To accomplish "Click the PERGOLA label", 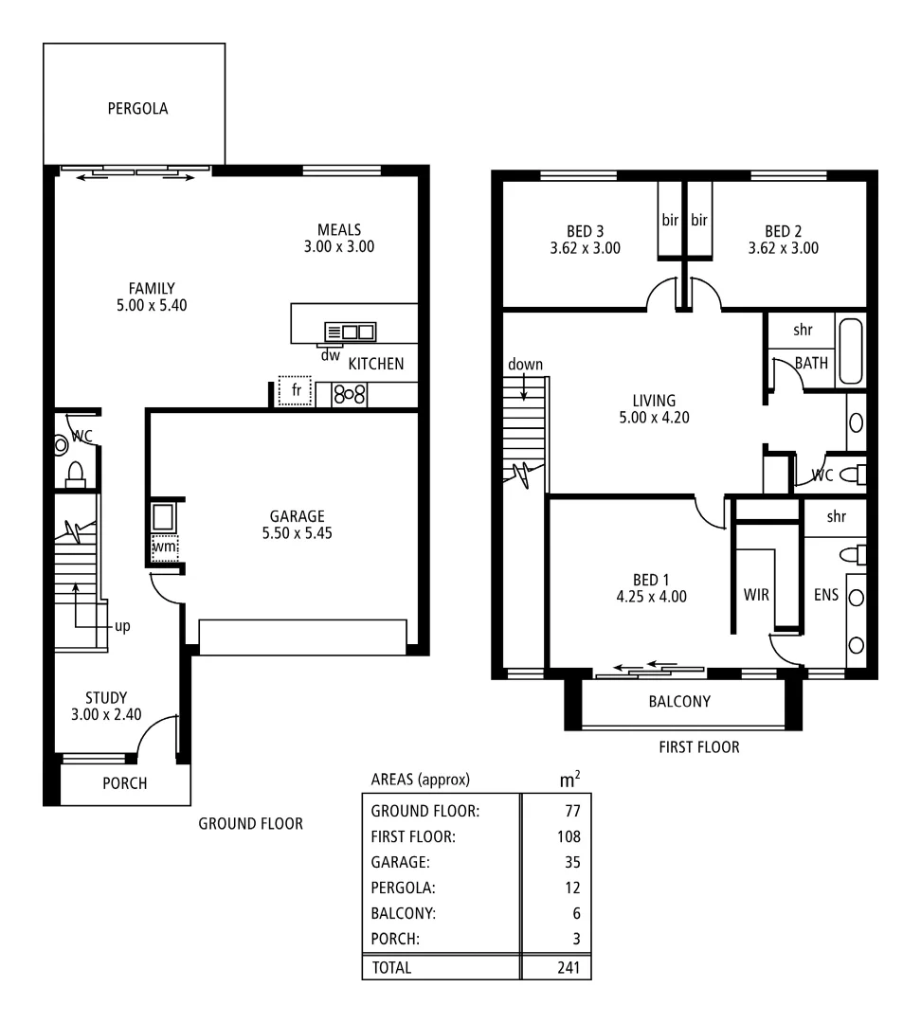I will coord(137,108).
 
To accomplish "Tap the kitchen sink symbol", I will coord(350,332).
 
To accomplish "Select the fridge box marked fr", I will coord(295,390).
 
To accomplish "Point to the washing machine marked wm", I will coord(165,547).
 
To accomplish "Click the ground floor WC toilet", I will coord(76,471).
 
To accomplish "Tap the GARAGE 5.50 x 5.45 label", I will coord(297,524).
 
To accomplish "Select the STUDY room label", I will coord(105,707).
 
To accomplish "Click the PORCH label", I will coord(125,784).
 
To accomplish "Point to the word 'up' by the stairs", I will coord(122,626).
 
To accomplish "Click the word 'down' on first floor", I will coord(524,365).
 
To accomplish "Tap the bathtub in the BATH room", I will coord(850,351).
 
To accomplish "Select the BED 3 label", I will coord(585,239).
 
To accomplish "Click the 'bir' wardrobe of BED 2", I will coord(699,220).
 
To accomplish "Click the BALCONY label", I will coord(678,702).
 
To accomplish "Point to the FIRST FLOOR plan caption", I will coord(698,747).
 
